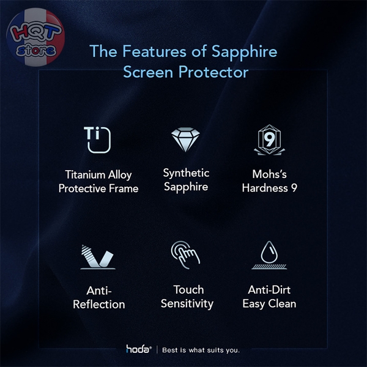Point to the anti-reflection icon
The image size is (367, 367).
(x=98, y=256)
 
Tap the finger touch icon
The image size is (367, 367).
(x=185, y=255)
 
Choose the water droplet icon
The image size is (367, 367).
(x=269, y=255)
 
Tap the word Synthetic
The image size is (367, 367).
(x=186, y=173)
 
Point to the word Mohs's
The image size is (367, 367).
(x=269, y=174)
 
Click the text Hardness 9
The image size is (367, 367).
(x=269, y=188)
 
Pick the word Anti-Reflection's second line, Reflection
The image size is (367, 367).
(x=98, y=304)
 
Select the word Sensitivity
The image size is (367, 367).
(x=187, y=303)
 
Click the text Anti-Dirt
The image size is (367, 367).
(x=269, y=289)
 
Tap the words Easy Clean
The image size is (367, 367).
(x=269, y=303)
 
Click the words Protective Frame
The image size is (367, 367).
(x=98, y=188)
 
